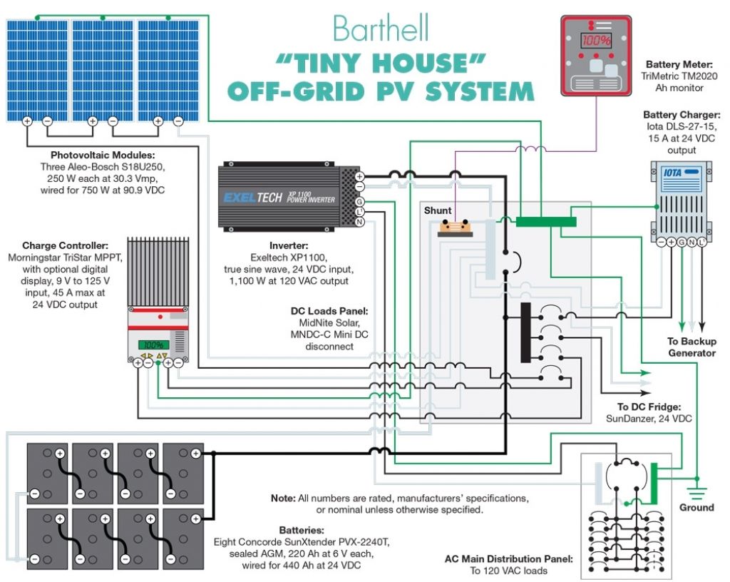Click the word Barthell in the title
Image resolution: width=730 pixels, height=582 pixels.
(381, 29)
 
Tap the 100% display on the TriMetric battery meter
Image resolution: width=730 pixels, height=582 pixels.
(595, 41)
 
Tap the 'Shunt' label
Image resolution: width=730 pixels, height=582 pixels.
(438, 211)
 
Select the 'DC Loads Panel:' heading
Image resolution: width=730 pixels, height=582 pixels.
(329, 312)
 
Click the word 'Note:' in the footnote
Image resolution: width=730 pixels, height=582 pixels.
(282, 497)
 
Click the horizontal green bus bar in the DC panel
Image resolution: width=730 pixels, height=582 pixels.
(546, 222)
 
